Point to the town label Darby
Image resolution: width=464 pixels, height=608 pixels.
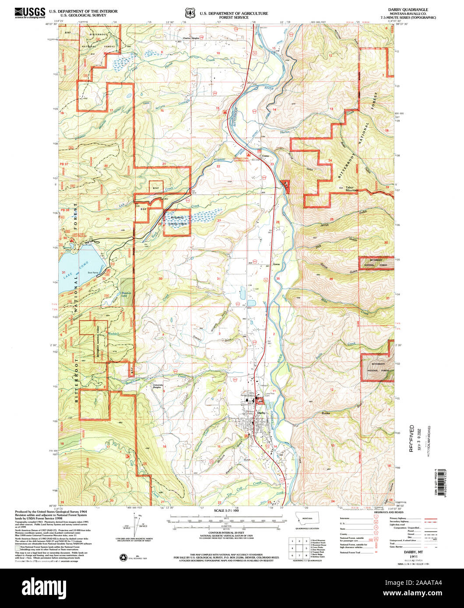pyautogui.click(x=262, y=413)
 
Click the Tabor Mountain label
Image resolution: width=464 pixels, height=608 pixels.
pyautogui.click(x=349, y=189)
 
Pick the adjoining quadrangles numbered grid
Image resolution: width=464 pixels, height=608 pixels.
pyautogui.click(x=297, y=547)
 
